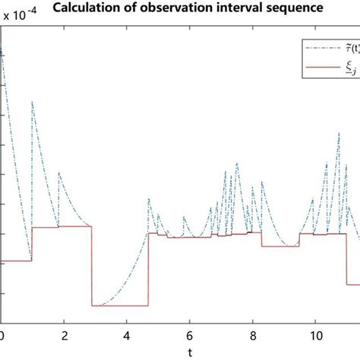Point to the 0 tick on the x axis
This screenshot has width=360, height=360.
pyautogui.click(x=2, y=335)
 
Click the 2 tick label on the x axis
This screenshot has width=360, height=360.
pyautogui.click(x=65, y=335)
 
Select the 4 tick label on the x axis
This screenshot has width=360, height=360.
pyautogui.click(x=127, y=335)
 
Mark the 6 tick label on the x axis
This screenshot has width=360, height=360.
pyautogui.click(x=189, y=335)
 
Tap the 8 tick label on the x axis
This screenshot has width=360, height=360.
pyautogui.click(x=251, y=335)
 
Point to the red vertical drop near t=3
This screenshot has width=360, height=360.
pyautogui.click(x=91, y=266)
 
